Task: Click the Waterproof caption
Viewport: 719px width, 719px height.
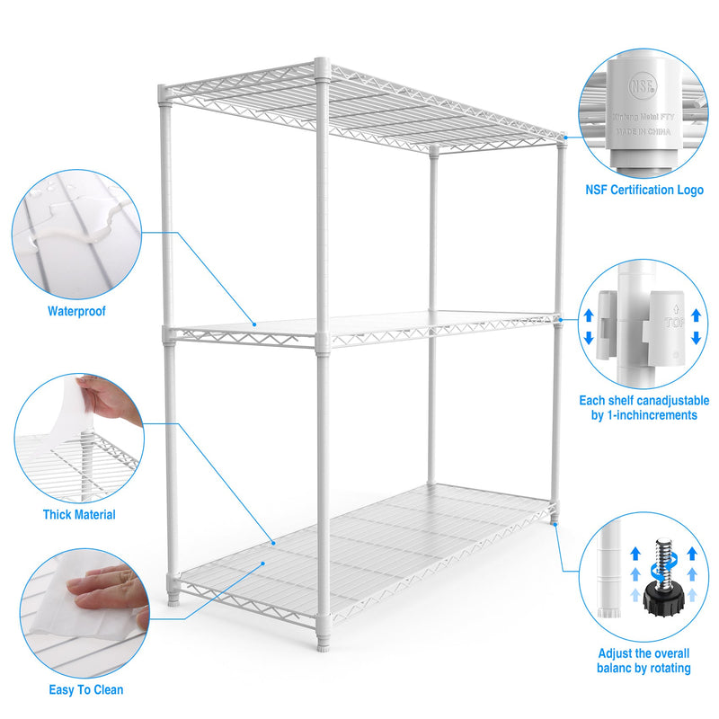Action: (x=76, y=312)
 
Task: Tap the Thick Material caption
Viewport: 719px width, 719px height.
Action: (x=79, y=515)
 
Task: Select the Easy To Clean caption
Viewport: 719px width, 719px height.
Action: (x=86, y=690)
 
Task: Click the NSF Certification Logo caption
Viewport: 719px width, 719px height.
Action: (x=644, y=190)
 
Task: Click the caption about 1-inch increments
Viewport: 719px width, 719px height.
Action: (x=644, y=408)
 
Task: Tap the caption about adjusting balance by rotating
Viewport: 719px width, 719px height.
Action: (x=644, y=661)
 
